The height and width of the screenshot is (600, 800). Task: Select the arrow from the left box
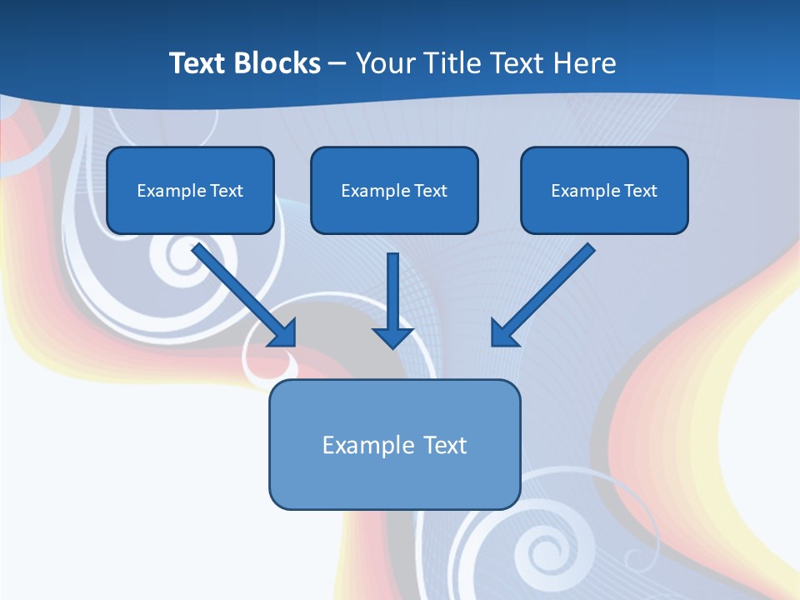click(x=242, y=292)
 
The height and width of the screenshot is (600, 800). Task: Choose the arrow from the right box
click(x=545, y=292)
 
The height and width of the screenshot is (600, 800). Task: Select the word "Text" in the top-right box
click(x=640, y=191)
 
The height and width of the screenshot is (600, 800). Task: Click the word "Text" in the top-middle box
click(x=430, y=191)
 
